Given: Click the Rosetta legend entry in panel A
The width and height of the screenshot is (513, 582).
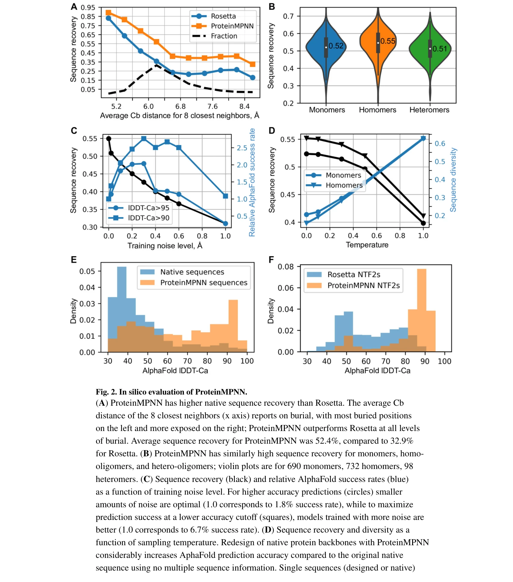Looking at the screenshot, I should tap(223, 16).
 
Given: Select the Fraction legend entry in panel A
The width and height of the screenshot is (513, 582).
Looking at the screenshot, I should tap(224, 36).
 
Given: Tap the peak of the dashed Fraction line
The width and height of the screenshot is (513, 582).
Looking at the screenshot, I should tap(157, 64).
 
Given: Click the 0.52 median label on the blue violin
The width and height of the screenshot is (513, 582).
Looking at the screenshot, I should tap(336, 46).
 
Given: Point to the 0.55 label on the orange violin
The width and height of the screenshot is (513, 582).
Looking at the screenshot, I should tap(387, 41).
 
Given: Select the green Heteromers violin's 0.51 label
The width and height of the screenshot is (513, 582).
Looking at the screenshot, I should tap(440, 49).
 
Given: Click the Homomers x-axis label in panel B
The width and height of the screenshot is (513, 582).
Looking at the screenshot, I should tap(378, 110).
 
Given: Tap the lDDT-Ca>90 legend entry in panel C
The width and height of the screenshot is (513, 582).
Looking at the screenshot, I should tap(148, 218).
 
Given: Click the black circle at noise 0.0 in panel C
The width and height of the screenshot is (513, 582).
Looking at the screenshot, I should tap(109, 139).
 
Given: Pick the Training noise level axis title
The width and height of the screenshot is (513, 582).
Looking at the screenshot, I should tap(165, 246).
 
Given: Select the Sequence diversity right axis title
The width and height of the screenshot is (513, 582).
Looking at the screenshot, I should tap(453, 180).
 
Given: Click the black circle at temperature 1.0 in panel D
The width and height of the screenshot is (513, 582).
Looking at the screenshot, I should tap(423, 223).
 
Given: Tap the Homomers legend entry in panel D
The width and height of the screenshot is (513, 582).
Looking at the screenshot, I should tap(344, 185).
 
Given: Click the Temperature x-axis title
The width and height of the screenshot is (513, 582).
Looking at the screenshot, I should tap(367, 245).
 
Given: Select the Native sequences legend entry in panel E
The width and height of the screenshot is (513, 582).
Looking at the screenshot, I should tap(192, 272).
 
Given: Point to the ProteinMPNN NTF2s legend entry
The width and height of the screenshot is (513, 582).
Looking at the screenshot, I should tap(363, 285).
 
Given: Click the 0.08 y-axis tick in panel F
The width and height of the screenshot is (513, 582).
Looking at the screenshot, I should tap(285, 267).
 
